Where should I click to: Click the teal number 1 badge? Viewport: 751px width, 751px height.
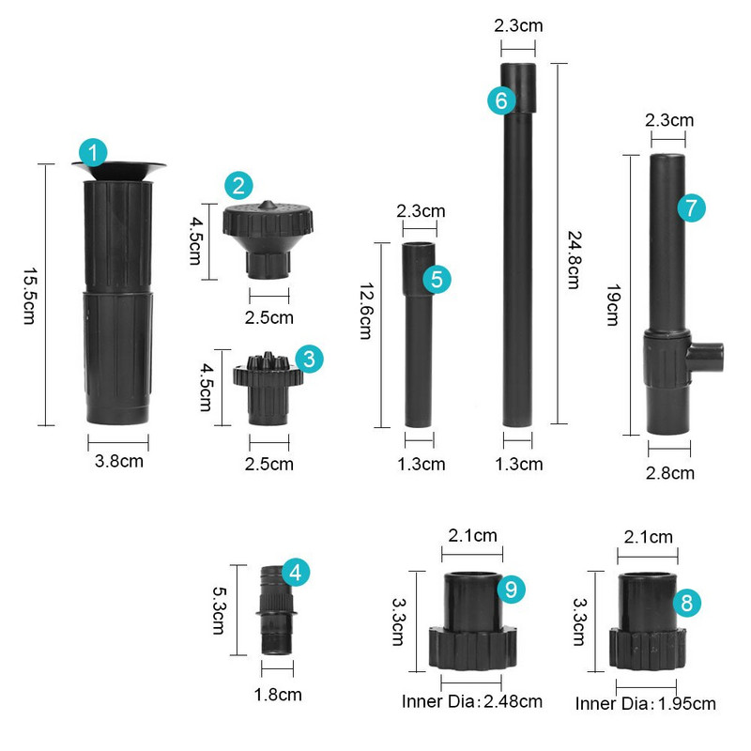[x=93, y=152]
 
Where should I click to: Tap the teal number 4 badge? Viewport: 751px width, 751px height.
[x=296, y=573]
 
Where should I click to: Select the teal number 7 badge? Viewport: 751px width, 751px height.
[x=691, y=207]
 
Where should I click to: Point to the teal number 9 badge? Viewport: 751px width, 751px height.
[x=511, y=590]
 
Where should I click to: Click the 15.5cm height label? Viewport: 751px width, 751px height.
[x=30, y=296]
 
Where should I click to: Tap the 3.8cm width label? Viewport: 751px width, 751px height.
[x=119, y=461]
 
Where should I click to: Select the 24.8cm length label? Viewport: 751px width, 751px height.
[x=574, y=260]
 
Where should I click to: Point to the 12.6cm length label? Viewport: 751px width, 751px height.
[x=366, y=312]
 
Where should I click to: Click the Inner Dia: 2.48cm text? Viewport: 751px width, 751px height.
[x=472, y=701]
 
